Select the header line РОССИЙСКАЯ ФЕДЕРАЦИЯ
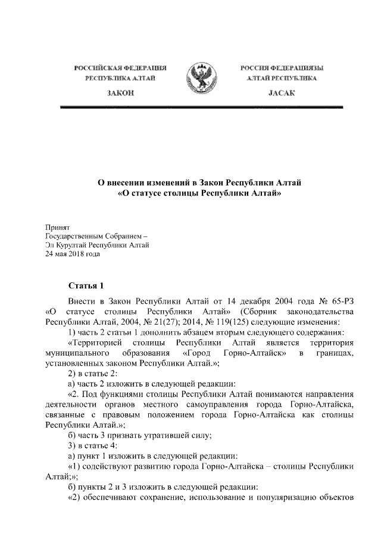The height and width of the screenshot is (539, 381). pyautogui.click(x=120, y=68)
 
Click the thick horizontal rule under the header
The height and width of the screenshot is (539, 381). pyautogui.click(x=202, y=107)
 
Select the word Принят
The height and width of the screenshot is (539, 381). pyautogui.click(x=58, y=228)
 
